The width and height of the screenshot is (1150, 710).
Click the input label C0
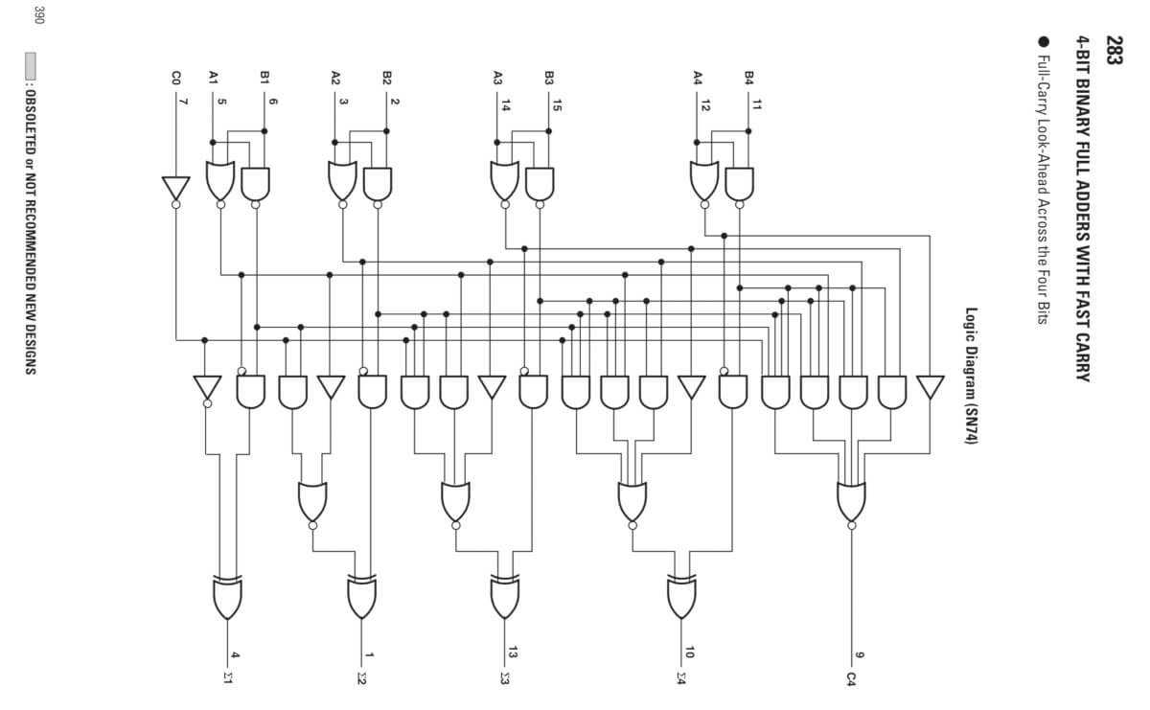[175, 76]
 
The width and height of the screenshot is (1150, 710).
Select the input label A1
[213, 76]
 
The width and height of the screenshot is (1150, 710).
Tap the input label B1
[264, 76]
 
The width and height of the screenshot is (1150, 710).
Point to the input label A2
[335, 76]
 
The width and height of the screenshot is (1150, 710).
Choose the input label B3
[549, 76]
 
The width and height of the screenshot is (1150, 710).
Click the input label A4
[698, 76]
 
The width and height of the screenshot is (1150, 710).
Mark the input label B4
[749, 76]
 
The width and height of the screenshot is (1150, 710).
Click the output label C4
[851, 678]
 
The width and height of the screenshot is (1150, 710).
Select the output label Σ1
[228, 679]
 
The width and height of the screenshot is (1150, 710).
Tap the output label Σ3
[505, 679]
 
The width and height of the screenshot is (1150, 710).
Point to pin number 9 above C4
[860, 655]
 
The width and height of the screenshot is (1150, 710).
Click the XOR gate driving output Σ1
[227, 598]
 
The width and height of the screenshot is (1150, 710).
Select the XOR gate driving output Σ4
[681, 598]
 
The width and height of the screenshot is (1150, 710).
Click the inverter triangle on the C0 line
[175, 189]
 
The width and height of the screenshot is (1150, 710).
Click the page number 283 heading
[1114, 49]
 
